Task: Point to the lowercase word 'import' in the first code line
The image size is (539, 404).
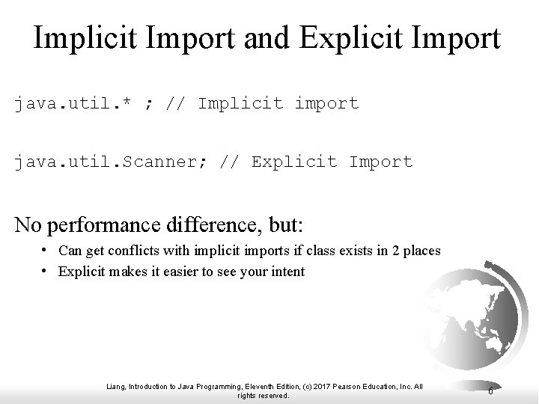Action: coord(326,103)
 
